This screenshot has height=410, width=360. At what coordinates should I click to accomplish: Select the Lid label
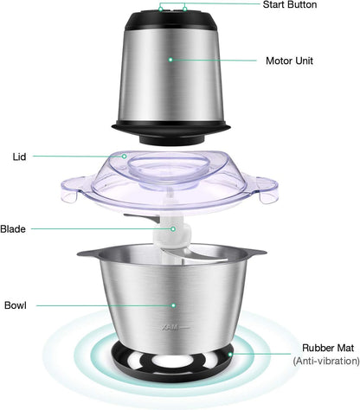pyautogui.click(x=18, y=157)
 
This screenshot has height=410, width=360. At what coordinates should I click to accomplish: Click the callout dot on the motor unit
pyautogui.click(x=170, y=60)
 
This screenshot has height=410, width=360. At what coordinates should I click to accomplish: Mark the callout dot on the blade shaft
pyautogui.click(x=173, y=229)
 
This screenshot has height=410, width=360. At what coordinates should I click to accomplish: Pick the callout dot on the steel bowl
pyautogui.click(x=173, y=304)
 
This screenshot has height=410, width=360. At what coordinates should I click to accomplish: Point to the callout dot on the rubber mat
pyautogui.click(x=230, y=355)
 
